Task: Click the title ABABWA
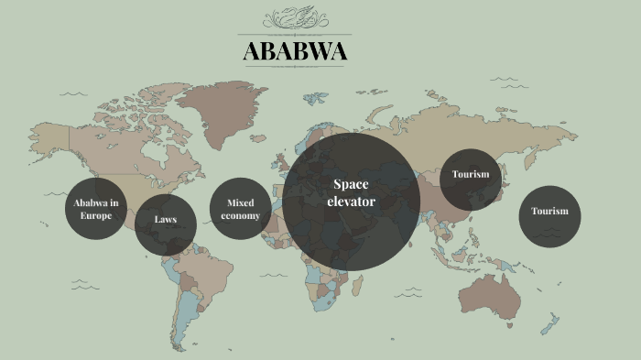295,51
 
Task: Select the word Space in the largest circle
351,185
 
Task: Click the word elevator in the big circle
351,201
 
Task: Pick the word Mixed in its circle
240,202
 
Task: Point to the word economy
240,216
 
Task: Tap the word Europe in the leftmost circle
95,216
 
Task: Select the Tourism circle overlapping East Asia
470,175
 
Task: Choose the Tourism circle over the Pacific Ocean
549,212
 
